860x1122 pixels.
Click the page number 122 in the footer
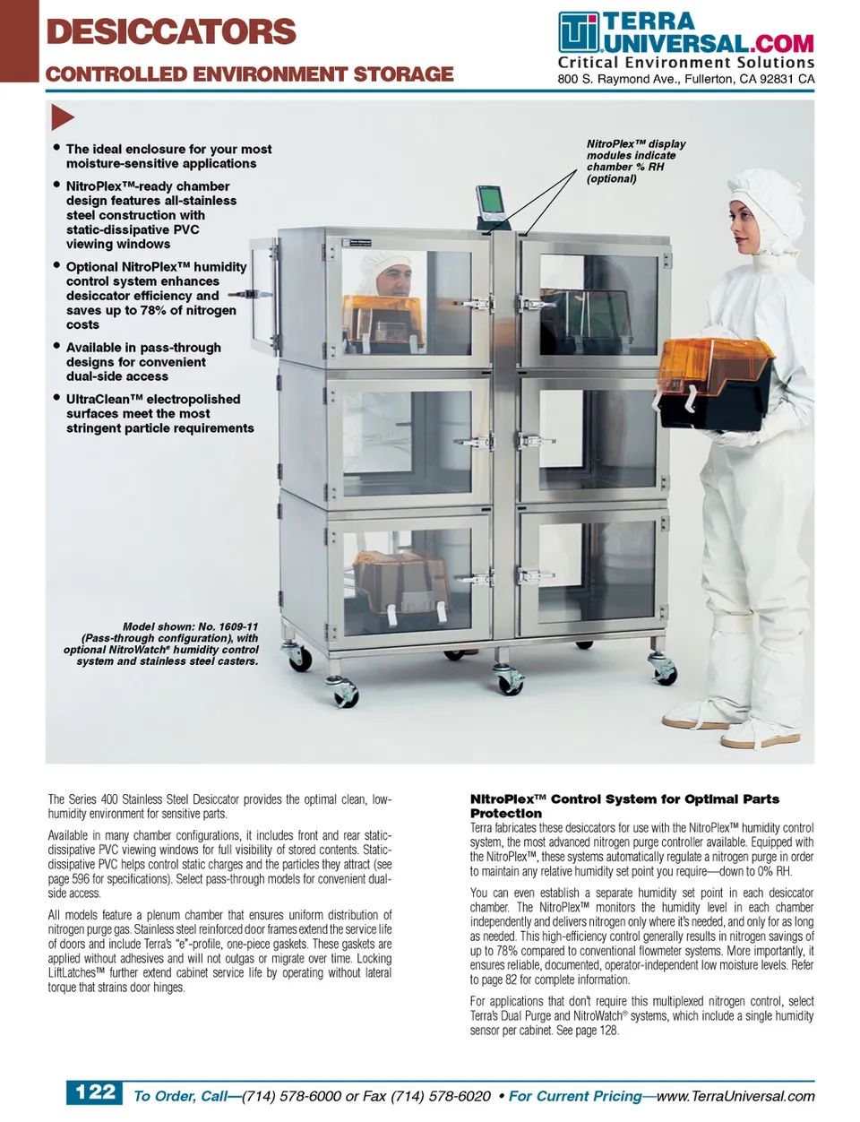[95, 1092]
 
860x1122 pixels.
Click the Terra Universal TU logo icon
[578, 33]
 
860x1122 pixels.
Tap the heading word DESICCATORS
[171, 31]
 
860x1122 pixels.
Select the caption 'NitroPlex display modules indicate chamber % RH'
[635, 161]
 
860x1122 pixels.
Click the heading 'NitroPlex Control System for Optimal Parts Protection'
[623, 805]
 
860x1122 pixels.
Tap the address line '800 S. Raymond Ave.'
[685, 79]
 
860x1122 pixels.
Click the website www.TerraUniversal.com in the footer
[735, 1095]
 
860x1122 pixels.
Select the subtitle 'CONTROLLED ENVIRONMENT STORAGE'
[249, 74]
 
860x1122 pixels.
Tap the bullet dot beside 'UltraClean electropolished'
[57, 397]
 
